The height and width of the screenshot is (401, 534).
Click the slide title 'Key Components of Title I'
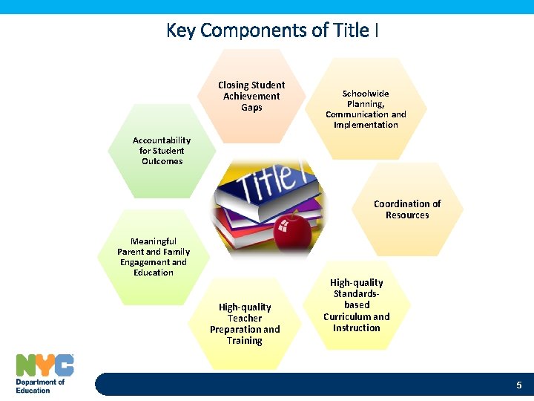(x=273, y=30)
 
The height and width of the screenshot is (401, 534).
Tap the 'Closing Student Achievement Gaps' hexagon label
(x=251, y=96)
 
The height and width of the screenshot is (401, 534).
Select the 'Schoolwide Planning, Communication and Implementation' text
(x=366, y=109)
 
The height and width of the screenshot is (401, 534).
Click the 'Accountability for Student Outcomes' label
(x=162, y=150)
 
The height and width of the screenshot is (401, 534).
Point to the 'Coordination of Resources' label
(x=407, y=209)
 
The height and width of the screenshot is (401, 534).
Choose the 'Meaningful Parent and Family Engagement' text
(x=154, y=257)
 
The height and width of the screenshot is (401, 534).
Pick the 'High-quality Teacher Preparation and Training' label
(x=245, y=324)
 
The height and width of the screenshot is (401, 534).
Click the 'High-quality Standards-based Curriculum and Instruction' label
(x=357, y=305)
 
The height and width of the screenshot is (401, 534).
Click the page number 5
(x=519, y=385)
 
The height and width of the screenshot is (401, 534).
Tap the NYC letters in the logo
(x=45, y=365)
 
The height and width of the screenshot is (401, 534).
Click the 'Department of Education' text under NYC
(x=40, y=386)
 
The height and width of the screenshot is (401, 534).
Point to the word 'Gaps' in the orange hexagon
(x=251, y=108)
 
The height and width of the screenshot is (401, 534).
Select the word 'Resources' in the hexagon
(x=407, y=215)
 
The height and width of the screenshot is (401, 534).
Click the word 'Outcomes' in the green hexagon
(x=162, y=161)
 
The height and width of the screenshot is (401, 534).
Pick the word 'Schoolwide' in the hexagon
(x=366, y=94)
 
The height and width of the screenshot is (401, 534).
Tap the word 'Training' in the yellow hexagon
(x=245, y=341)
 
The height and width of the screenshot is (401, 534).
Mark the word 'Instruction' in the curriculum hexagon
(x=357, y=328)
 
